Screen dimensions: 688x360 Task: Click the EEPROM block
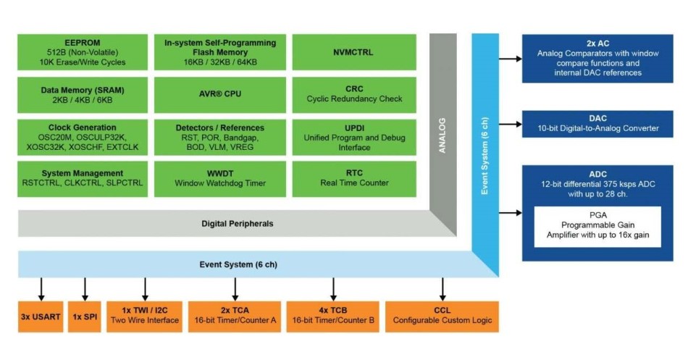pyautogui.click(x=83, y=52)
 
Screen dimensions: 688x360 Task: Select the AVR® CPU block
pyautogui.click(x=220, y=95)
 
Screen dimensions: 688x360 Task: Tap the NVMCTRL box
pyautogui.click(x=354, y=52)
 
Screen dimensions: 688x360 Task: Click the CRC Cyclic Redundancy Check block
pyautogui.click(x=354, y=95)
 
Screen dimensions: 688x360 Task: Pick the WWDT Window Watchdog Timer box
pyautogui.click(x=220, y=179)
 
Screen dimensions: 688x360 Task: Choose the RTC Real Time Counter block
pyautogui.click(x=354, y=179)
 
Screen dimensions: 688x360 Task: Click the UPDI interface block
pyautogui.click(x=354, y=137)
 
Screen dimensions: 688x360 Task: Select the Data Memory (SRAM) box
pyautogui.click(x=83, y=95)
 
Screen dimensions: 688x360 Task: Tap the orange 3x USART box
pyautogui.click(x=41, y=317)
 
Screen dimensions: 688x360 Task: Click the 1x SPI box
pyautogui.click(x=85, y=317)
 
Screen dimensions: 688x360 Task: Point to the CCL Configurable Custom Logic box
pyautogui.click(x=442, y=317)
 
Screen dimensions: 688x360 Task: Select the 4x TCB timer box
pyautogui.click(x=333, y=317)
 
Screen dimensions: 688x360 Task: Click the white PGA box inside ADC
pyautogui.click(x=597, y=227)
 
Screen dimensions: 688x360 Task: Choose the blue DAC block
pyautogui.click(x=597, y=124)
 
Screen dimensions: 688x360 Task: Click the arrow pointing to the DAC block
pyautogui.click(x=511, y=125)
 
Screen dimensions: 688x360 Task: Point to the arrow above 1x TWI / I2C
pyautogui.click(x=145, y=289)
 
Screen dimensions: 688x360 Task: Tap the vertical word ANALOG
pyautogui.click(x=442, y=135)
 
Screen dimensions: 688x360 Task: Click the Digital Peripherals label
pyautogui.click(x=238, y=224)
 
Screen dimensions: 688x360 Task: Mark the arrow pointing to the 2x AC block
pyautogui.click(x=511, y=59)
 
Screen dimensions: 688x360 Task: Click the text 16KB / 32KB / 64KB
pyautogui.click(x=220, y=62)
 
